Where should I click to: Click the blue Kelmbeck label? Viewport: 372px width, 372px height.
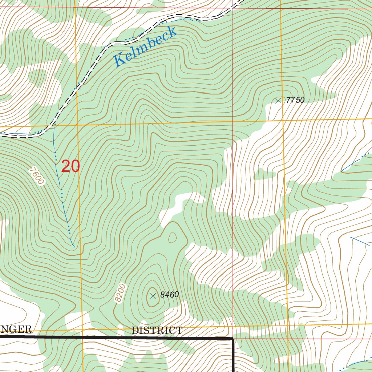(145, 47)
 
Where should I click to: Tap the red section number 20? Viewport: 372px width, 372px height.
(70, 166)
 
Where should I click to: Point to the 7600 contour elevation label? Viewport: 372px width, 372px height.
(37, 176)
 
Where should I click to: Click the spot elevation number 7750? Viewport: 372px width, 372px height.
(295, 100)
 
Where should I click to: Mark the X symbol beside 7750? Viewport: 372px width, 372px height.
(279, 101)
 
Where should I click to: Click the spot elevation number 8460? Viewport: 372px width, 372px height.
(170, 295)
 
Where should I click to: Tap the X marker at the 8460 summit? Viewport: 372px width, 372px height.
(153, 296)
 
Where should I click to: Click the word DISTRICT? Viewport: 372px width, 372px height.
(157, 331)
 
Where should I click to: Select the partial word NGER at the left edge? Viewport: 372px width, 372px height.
(16, 329)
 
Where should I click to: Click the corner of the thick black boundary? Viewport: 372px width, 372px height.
(232, 339)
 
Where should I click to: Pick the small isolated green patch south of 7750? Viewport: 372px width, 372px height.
(264, 174)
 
